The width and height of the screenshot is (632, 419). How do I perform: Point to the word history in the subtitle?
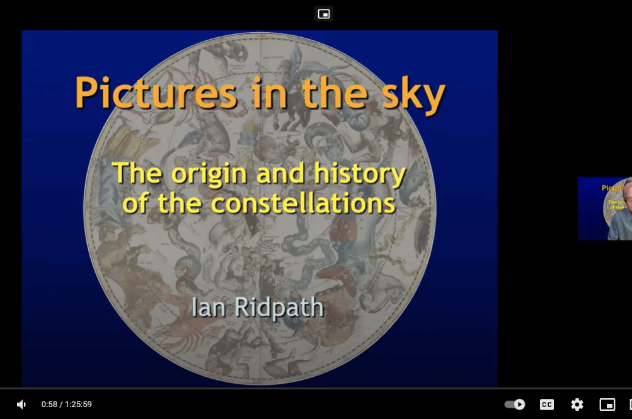(x=359, y=173)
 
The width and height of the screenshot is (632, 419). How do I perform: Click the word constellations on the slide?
(x=302, y=203)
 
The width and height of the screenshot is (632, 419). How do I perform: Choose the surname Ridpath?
(x=279, y=307)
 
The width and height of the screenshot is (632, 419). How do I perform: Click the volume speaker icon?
(x=21, y=405)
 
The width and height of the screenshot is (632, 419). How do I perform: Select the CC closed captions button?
(x=547, y=405)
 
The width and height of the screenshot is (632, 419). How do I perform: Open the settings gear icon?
(x=577, y=405)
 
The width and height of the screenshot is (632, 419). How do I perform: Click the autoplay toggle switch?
(x=515, y=405)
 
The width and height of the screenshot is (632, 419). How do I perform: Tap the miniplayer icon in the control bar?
(x=607, y=405)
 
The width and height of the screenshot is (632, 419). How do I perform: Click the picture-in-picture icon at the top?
(x=324, y=14)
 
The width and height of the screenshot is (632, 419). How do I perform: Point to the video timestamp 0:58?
(x=49, y=405)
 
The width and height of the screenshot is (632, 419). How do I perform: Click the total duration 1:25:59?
(x=78, y=405)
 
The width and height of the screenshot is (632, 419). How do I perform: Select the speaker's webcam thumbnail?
(x=605, y=209)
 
